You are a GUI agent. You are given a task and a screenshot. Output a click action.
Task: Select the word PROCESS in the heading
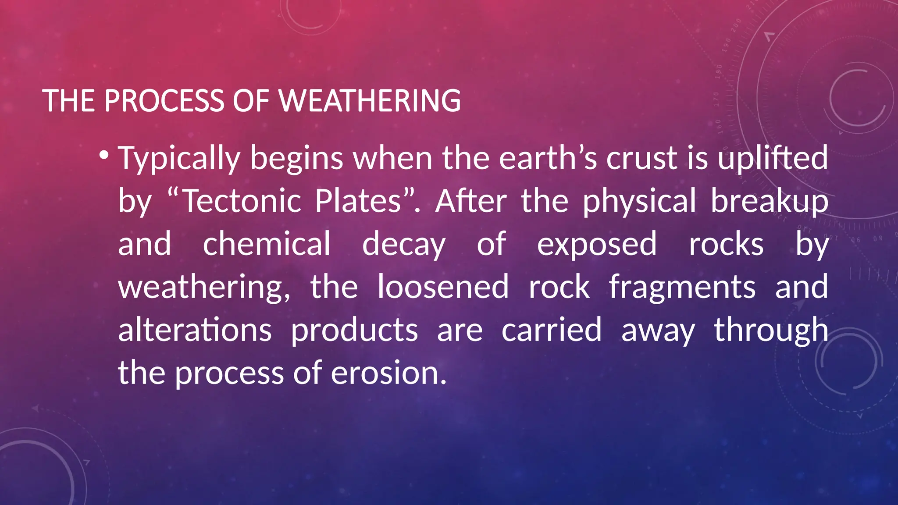tap(164, 101)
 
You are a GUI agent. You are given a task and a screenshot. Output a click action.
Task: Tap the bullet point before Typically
tap(104, 155)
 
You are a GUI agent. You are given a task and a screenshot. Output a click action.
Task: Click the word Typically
tap(179, 158)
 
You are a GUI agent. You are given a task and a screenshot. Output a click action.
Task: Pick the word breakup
tap(769, 202)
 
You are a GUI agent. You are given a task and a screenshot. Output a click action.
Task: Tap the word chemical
tap(267, 244)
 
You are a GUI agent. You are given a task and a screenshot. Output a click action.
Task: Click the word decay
tap(403, 245)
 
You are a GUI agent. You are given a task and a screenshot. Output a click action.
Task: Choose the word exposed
tap(597, 245)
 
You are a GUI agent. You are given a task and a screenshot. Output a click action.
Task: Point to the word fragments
tap(682, 288)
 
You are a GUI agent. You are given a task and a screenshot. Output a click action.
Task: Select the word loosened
tap(443, 287)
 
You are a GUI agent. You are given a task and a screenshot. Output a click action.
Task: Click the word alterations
tap(195, 330)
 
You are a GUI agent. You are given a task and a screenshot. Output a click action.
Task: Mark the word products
tap(354, 331)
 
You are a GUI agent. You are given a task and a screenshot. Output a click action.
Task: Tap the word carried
tap(552, 330)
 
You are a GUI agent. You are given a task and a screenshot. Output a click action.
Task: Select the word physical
tap(639, 202)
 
